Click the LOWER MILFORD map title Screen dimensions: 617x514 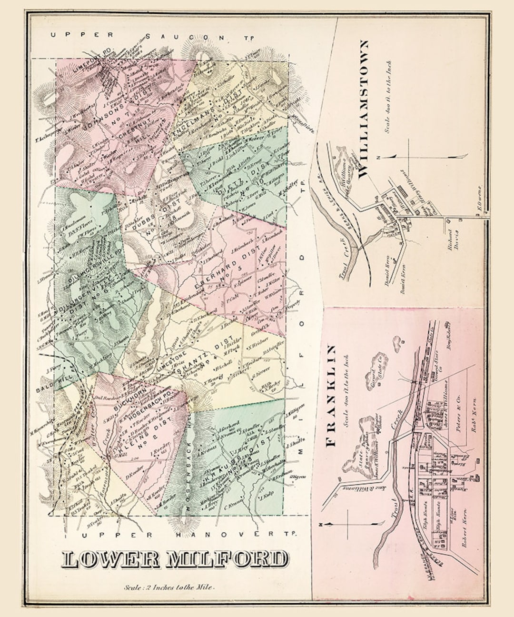tap(175, 559)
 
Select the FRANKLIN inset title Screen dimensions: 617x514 tap(332, 395)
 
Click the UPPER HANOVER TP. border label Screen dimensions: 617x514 tap(188, 535)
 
